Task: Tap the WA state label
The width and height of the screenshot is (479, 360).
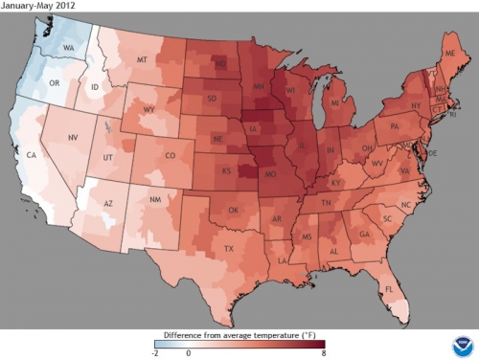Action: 69,47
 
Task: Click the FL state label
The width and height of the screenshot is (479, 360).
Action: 389,288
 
